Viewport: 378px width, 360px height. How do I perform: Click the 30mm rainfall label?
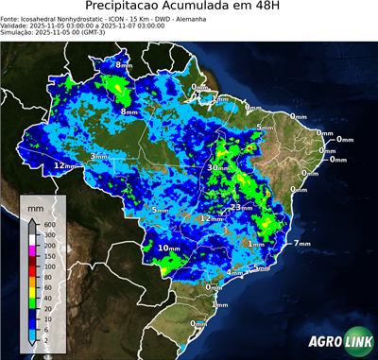[x=219, y=167]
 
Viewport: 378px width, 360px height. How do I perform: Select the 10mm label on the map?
[x=169, y=248]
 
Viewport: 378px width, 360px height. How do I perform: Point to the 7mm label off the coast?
[x=302, y=244]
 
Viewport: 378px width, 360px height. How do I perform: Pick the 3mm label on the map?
[x=98, y=156]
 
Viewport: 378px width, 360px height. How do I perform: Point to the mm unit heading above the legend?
[x=35, y=206]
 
